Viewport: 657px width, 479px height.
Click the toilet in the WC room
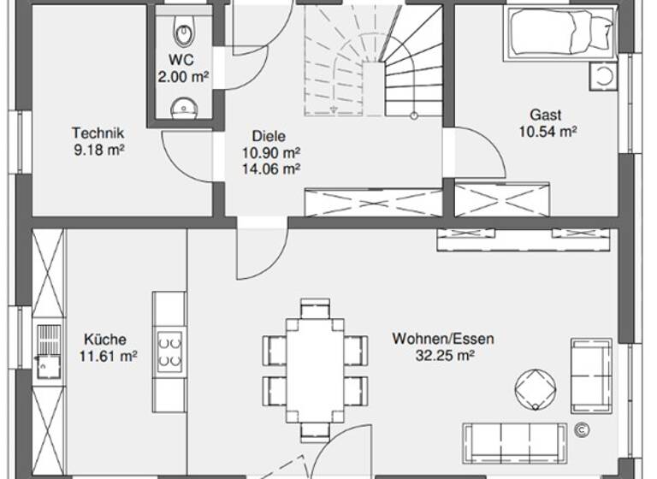pos(184,33)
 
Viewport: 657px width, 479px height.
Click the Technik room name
pos(98,133)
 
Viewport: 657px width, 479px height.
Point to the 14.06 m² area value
pos(271,169)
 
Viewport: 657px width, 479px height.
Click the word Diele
pos(269,136)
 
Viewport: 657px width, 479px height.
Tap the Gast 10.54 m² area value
pos(547,131)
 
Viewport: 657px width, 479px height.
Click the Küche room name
pos(106,338)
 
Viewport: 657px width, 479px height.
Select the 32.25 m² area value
pos(443,355)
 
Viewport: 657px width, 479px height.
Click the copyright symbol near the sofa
pos(581,429)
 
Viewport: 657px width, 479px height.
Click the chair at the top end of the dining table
pos(315,307)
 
